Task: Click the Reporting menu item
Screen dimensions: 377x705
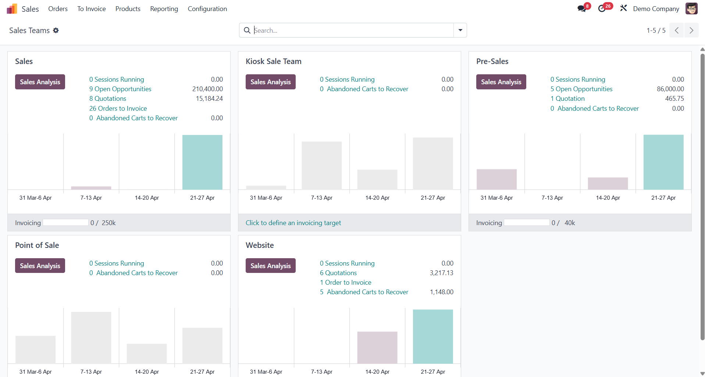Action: (x=164, y=9)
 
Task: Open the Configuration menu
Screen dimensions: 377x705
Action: (x=207, y=9)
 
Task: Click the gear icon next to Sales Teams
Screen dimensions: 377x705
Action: (x=56, y=31)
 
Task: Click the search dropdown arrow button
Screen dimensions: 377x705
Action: (x=460, y=30)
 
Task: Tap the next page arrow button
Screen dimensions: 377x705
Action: (x=691, y=30)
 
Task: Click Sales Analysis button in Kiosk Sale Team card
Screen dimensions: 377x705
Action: (x=270, y=82)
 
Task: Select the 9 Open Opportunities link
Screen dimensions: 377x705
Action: (x=120, y=89)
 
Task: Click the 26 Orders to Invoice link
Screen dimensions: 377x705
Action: (x=118, y=109)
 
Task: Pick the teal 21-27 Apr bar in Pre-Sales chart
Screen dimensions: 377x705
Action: (x=663, y=162)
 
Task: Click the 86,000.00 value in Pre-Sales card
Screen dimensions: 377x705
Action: (x=670, y=89)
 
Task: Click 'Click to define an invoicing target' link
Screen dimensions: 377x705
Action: (x=293, y=223)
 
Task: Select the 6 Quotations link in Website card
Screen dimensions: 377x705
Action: (x=338, y=273)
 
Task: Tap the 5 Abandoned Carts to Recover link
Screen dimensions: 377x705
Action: (x=364, y=292)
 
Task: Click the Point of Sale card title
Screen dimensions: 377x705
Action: (x=37, y=245)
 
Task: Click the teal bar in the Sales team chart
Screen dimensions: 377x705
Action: (x=202, y=162)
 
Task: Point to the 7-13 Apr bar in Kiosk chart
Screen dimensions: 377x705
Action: (x=321, y=166)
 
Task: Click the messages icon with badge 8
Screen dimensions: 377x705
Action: (x=582, y=8)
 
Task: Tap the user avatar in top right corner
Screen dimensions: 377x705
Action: (x=691, y=8)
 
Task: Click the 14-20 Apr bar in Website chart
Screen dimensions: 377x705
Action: (x=377, y=348)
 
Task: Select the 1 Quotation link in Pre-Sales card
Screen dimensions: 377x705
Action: (x=567, y=99)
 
